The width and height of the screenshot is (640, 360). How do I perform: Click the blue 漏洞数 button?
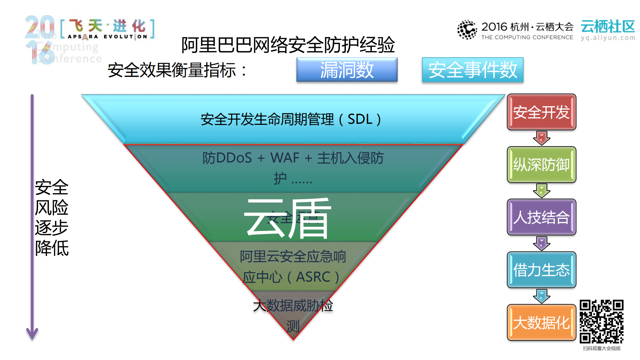point(347,70)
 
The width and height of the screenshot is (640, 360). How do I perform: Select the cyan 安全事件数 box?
point(472,70)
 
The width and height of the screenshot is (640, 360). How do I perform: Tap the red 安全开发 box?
point(541,112)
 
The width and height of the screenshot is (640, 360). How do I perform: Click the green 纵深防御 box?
point(541,164)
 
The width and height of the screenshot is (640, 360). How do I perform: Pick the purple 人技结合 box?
point(541,217)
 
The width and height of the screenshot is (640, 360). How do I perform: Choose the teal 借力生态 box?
point(541,270)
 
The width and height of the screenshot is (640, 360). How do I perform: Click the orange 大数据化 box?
point(541,322)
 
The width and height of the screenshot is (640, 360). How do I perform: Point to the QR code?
point(601,321)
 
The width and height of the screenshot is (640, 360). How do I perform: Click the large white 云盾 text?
point(287,219)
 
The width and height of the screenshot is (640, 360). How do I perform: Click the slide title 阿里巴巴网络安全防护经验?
point(288,45)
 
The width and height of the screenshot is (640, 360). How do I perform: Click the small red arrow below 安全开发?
point(541,138)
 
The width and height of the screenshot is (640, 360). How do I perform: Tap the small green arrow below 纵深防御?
point(541,191)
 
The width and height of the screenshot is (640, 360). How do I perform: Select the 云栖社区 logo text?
point(608,26)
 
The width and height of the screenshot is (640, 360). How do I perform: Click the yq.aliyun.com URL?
point(608,38)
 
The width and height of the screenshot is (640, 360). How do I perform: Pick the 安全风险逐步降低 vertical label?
point(52,218)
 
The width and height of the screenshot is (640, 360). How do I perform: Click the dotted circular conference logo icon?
point(467,30)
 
